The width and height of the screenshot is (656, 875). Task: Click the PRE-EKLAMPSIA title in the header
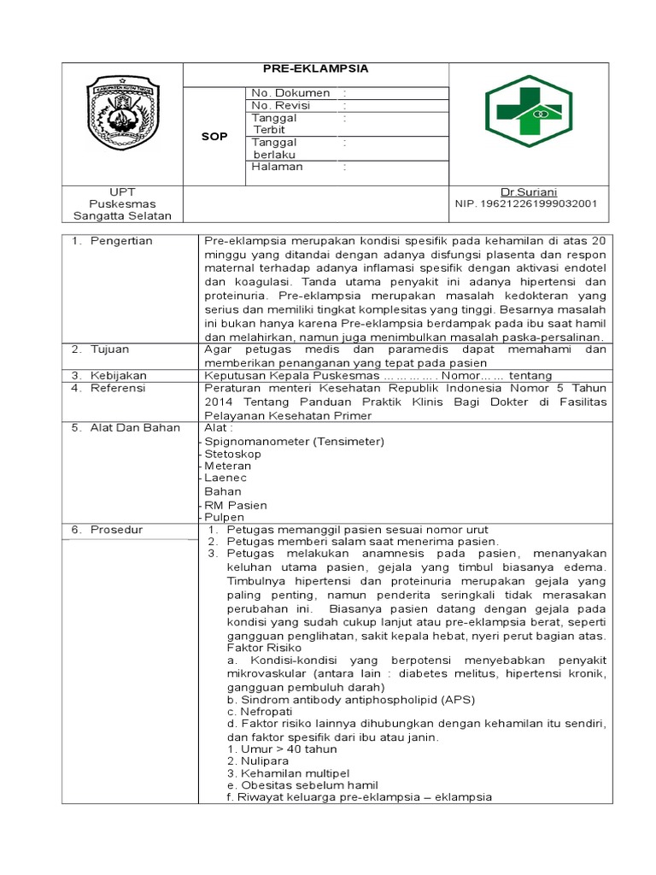pyautogui.click(x=316, y=69)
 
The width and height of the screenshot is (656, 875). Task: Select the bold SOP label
pyautogui.click(x=214, y=137)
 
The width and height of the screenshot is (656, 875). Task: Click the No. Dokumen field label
pyautogui.click(x=290, y=92)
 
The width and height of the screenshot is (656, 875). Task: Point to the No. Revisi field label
pyautogui.click(x=280, y=105)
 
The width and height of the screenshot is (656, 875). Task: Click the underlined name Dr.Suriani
pyautogui.click(x=534, y=192)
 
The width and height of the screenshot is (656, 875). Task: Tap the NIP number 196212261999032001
pyautogui.click(x=526, y=204)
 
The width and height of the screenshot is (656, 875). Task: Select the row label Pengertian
pyautogui.click(x=124, y=241)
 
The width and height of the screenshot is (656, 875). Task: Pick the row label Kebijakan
pyautogui.click(x=119, y=375)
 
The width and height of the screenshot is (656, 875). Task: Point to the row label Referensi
pyautogui.click(x=119, y=388)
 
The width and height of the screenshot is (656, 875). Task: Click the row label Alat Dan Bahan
pyautogui.click(x=135, y=427)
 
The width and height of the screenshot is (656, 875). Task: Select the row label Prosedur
pyautogui.click(x=118, y=530)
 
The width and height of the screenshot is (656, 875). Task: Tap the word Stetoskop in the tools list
pyautogui.click(x=232, y=454)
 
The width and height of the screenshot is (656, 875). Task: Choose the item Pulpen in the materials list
pyautogui.click(x=224, y=517)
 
